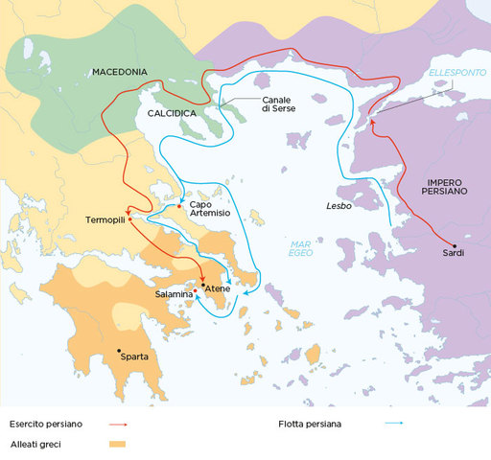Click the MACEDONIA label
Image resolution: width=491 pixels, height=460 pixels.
(119, 72)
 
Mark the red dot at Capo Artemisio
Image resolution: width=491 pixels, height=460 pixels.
(179, 205)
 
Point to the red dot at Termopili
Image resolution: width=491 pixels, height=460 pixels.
(129, 210)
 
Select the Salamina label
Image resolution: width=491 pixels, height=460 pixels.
(173, 295)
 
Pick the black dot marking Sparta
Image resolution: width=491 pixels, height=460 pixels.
(119, 351)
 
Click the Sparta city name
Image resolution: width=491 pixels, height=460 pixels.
(134, 357)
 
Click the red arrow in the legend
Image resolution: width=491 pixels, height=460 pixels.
(118, 423)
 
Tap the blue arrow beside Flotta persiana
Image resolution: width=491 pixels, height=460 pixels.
(391, 423)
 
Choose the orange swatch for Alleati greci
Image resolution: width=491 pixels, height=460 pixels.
(118, 444)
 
